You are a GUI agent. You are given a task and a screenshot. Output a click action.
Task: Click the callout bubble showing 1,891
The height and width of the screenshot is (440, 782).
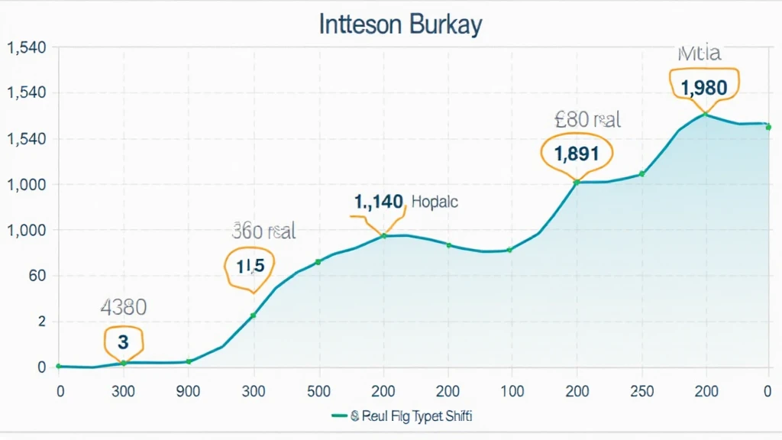click(x=577, y=153)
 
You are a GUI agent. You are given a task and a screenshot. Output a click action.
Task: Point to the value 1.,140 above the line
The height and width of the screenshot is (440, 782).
click(x=378, y=202)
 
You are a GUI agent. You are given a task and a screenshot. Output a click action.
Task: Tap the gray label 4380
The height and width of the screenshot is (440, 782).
click(x=123, y=308)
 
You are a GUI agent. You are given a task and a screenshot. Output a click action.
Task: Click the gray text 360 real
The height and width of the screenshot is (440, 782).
click(x=263, y=231)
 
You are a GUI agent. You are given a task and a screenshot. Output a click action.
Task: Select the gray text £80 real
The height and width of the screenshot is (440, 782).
click(x=587, y=120)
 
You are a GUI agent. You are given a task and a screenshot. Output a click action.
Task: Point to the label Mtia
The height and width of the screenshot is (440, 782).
click(x=699, y=53)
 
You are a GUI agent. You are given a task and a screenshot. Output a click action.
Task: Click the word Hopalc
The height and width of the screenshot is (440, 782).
click(x=435, y=202)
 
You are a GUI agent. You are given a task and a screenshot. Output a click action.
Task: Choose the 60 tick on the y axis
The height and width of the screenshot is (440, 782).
click(x=36, y=276)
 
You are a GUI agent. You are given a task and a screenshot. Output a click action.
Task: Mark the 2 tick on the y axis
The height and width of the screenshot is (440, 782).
click(x=42, y=322)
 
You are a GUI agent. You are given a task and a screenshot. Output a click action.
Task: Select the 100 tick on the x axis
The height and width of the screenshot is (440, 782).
click(x=512, y=391)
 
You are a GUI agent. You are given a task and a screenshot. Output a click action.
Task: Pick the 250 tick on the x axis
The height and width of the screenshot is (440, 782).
click(x=641, y=391)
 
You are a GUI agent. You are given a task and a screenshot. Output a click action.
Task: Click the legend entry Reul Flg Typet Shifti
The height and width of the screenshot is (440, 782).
click(x=405, y=416)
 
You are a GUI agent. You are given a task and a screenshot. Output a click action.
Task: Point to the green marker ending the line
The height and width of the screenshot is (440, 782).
click(x=767, y=127)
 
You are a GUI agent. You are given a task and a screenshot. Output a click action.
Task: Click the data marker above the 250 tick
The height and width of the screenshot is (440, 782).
click(x=641, y=174)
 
